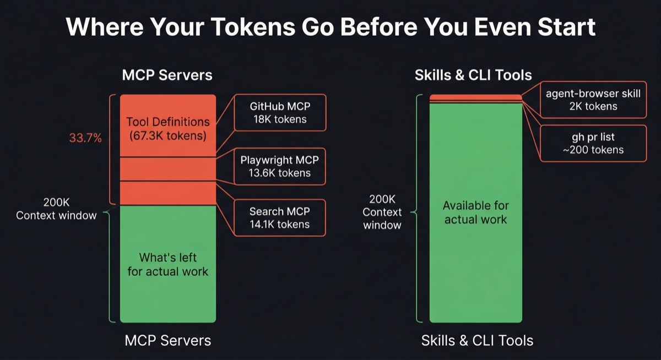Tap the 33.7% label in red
[x=85, y=138]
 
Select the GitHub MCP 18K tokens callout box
[x=280, y=112]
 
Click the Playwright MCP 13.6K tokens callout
[x=280, y=166]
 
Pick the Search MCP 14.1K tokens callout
[x=280, y=217]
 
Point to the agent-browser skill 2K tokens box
[x=593, y=100]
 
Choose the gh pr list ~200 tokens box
[x=593, y=143]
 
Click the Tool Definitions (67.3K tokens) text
[x=168, y=128]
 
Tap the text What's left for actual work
[x=168, y=264]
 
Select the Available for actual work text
[x=475, y=212]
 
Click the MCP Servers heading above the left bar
[x=167, y=75]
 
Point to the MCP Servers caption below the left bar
[x=167, y=340]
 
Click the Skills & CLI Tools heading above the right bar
[x=473, y=75]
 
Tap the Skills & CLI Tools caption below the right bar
[x=477, y=340]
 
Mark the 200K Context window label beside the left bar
[x=56, y=209]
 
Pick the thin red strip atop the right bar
[x=475, y=97]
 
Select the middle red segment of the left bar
[x=168, y=169]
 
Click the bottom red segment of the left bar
[x=168, y=193]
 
